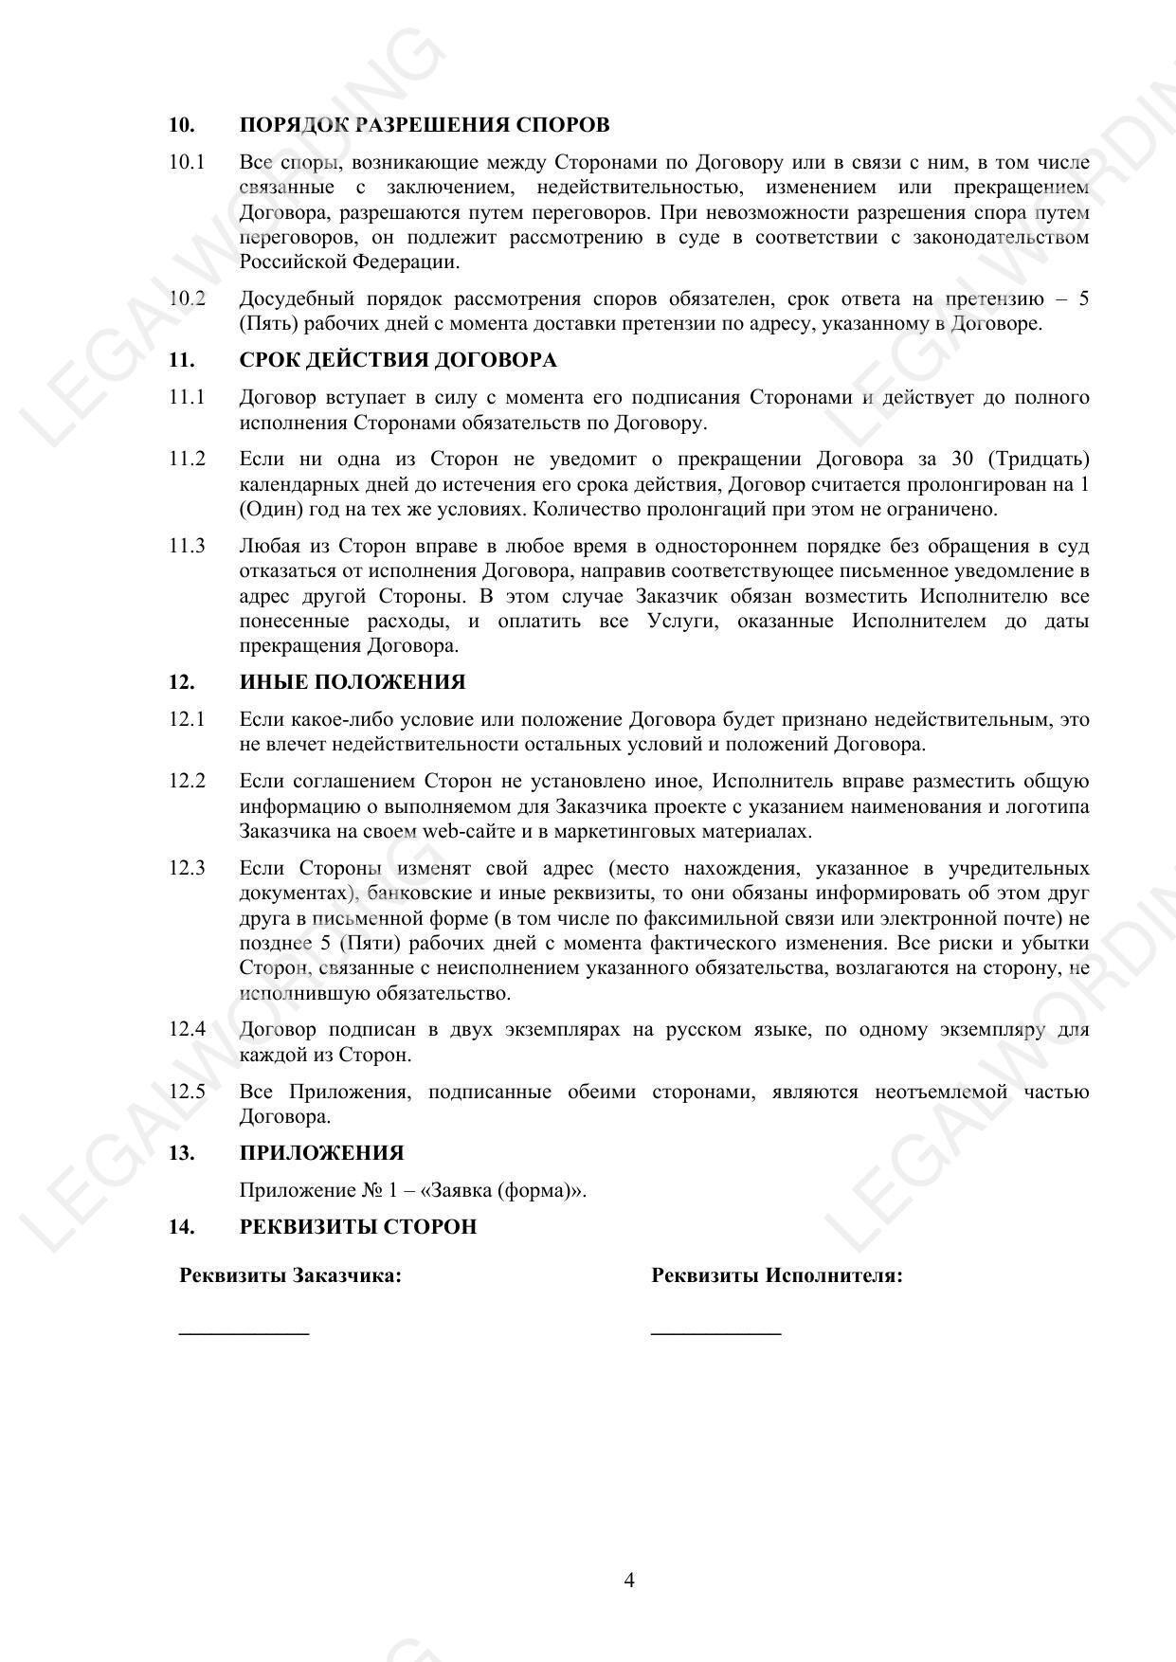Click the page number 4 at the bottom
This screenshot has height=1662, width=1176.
pos(629,1580)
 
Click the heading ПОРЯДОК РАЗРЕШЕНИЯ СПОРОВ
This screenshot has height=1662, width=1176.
pos(424,125)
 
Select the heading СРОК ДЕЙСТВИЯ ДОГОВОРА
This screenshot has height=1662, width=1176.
pos(398,360)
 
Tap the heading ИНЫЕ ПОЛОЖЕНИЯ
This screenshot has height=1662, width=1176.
pos(353,682)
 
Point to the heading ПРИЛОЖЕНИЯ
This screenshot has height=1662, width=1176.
pos(321,1153)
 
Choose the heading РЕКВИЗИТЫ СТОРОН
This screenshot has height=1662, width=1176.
pos(357,1227)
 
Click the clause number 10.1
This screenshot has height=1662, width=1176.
pos(187,162)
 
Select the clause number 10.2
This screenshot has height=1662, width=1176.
pos(187,298)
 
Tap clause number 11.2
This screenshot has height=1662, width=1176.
pos(187,460)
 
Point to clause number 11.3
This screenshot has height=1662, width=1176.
pos(187,546)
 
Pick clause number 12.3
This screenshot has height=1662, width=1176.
pos(187,868)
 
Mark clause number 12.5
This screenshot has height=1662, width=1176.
pos(187,1092)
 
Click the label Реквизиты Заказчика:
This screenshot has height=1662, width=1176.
pos(290,1275)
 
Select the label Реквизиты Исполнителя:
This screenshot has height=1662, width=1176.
pos(776,1275)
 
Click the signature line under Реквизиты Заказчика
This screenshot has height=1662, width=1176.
pos(244,1333)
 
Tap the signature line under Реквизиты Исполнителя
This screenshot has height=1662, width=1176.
pos(715,1333)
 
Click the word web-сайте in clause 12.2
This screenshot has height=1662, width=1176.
pos(461,832)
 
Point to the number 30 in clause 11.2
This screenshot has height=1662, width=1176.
pos(962,460)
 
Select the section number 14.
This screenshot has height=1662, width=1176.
pos(182,1227)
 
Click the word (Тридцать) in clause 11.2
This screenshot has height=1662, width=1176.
pos(1038,460)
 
